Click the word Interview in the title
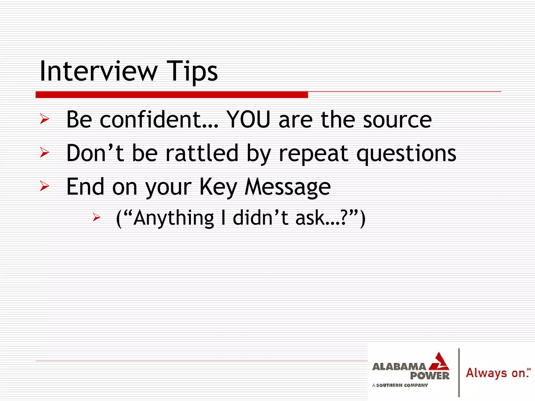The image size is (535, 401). [x=98, y=71]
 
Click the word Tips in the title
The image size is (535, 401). [x=192, y=71]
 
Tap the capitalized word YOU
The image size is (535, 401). [x=248, y=120]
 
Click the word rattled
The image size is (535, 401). [x=202, y=153]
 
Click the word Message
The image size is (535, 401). [x=287, y=187]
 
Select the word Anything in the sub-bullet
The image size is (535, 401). [x=174, y=218]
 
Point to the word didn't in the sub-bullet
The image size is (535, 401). [x=260, y=218]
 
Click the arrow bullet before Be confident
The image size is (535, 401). [x=44, y=119]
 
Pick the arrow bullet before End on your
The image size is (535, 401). [x=44, y=186]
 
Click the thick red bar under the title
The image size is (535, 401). [x=172, y=95]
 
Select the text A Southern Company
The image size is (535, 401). [x=400, y=385]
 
